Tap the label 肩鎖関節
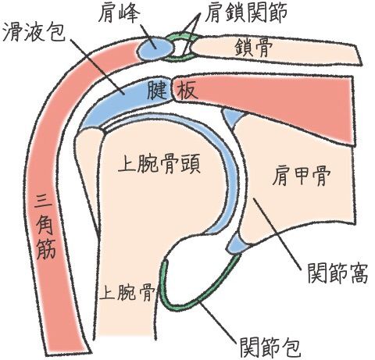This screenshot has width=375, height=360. click(x=245, y=12)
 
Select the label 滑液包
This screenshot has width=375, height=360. click(x=34, y=31)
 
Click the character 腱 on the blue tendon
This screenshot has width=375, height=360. click(x=157, y=90)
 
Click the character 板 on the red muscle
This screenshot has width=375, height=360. click(x=186, y=91)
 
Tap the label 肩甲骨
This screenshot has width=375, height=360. click(x=302, y=176)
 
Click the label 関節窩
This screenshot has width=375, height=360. click(x=337, y=273)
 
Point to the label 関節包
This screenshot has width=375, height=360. click(x=270, y=348)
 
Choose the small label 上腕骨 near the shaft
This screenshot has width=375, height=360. click(x=127, y=291)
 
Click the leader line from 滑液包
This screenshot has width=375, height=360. click(x=97, y=66)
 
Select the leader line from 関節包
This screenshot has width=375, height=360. click(x=218, y=319)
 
